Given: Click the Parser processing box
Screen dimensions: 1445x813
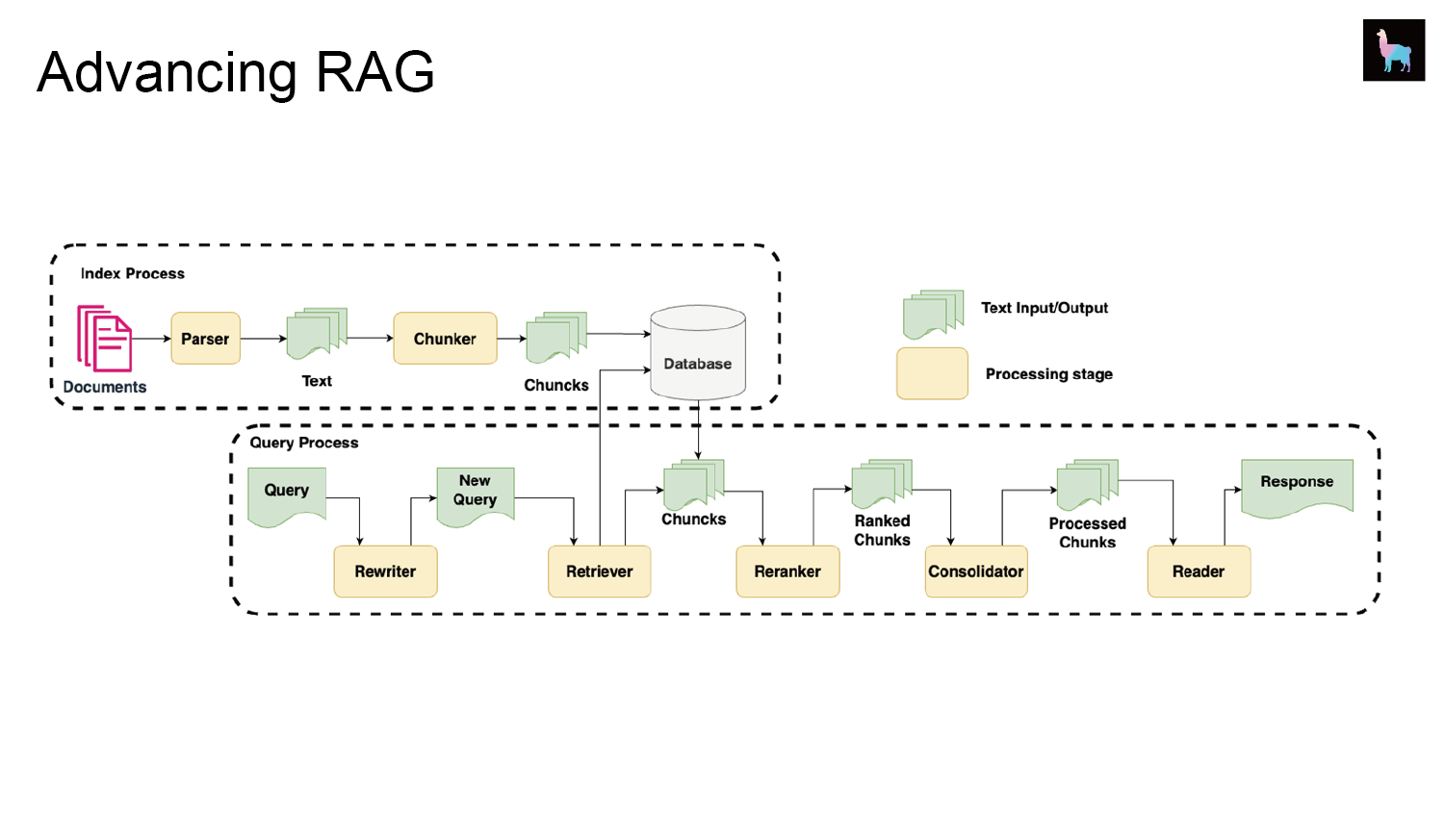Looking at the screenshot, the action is click(205, 339).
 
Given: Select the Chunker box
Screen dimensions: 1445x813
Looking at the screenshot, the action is click(445, 339).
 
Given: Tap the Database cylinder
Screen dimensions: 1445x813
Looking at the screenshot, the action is click(698, 352).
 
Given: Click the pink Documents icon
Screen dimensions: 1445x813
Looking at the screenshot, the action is click(105, 339).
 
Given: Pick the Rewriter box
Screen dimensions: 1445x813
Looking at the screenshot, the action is click(385, 572).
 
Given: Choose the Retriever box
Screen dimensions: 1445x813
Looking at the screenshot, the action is click(600, 572).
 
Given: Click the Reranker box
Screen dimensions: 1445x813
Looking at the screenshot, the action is click(787, 572).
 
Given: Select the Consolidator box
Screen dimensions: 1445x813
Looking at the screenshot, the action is click(976, 572).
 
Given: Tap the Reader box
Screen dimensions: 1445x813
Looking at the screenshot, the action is click(1199, 572).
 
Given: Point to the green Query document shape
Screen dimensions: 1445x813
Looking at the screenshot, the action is click(287, 496).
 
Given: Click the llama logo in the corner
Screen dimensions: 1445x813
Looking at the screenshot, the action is click(1394, 50).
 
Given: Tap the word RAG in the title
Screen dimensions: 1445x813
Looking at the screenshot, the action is click(374, 72).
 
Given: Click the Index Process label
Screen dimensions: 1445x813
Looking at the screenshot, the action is click(132, 273).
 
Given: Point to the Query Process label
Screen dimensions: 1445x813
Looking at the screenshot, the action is click(304, 443).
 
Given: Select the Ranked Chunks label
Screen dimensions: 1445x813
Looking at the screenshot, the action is click(882, 530).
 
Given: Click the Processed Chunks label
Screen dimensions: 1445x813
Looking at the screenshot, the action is click(1087, 533).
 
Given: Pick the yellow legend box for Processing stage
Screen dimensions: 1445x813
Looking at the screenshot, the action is click(932, 374).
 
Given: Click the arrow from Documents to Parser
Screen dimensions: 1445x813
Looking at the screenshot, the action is click(151, 339).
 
